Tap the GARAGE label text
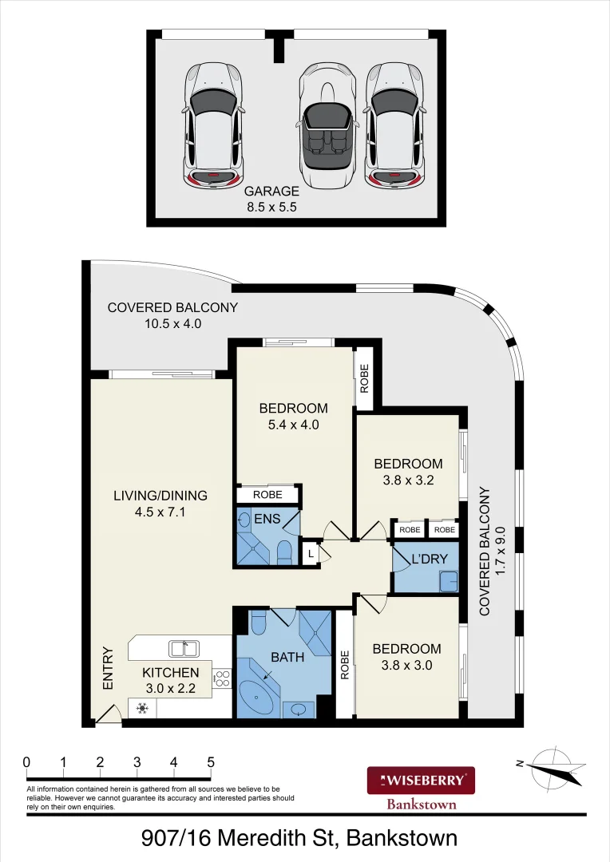tap(271, 192)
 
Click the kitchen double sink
tap(184, 649)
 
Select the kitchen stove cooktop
tap(223, 678)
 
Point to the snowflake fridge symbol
tap(142, 709)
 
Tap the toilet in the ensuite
tap(283, 552)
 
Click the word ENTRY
tap(108, 668)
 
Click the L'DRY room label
tap(430, 559)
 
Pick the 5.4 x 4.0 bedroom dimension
tap(293, 425)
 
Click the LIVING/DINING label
tap(160, 496)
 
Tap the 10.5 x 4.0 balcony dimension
tap(172, 323)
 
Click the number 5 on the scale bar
tap(211, 762)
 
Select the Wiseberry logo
tap(421, 780)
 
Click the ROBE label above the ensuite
tap(267, 495)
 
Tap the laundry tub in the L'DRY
tap(449, 581)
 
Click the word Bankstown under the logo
tap(422, 805)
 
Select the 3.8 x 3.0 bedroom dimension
tap(406, 665)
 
